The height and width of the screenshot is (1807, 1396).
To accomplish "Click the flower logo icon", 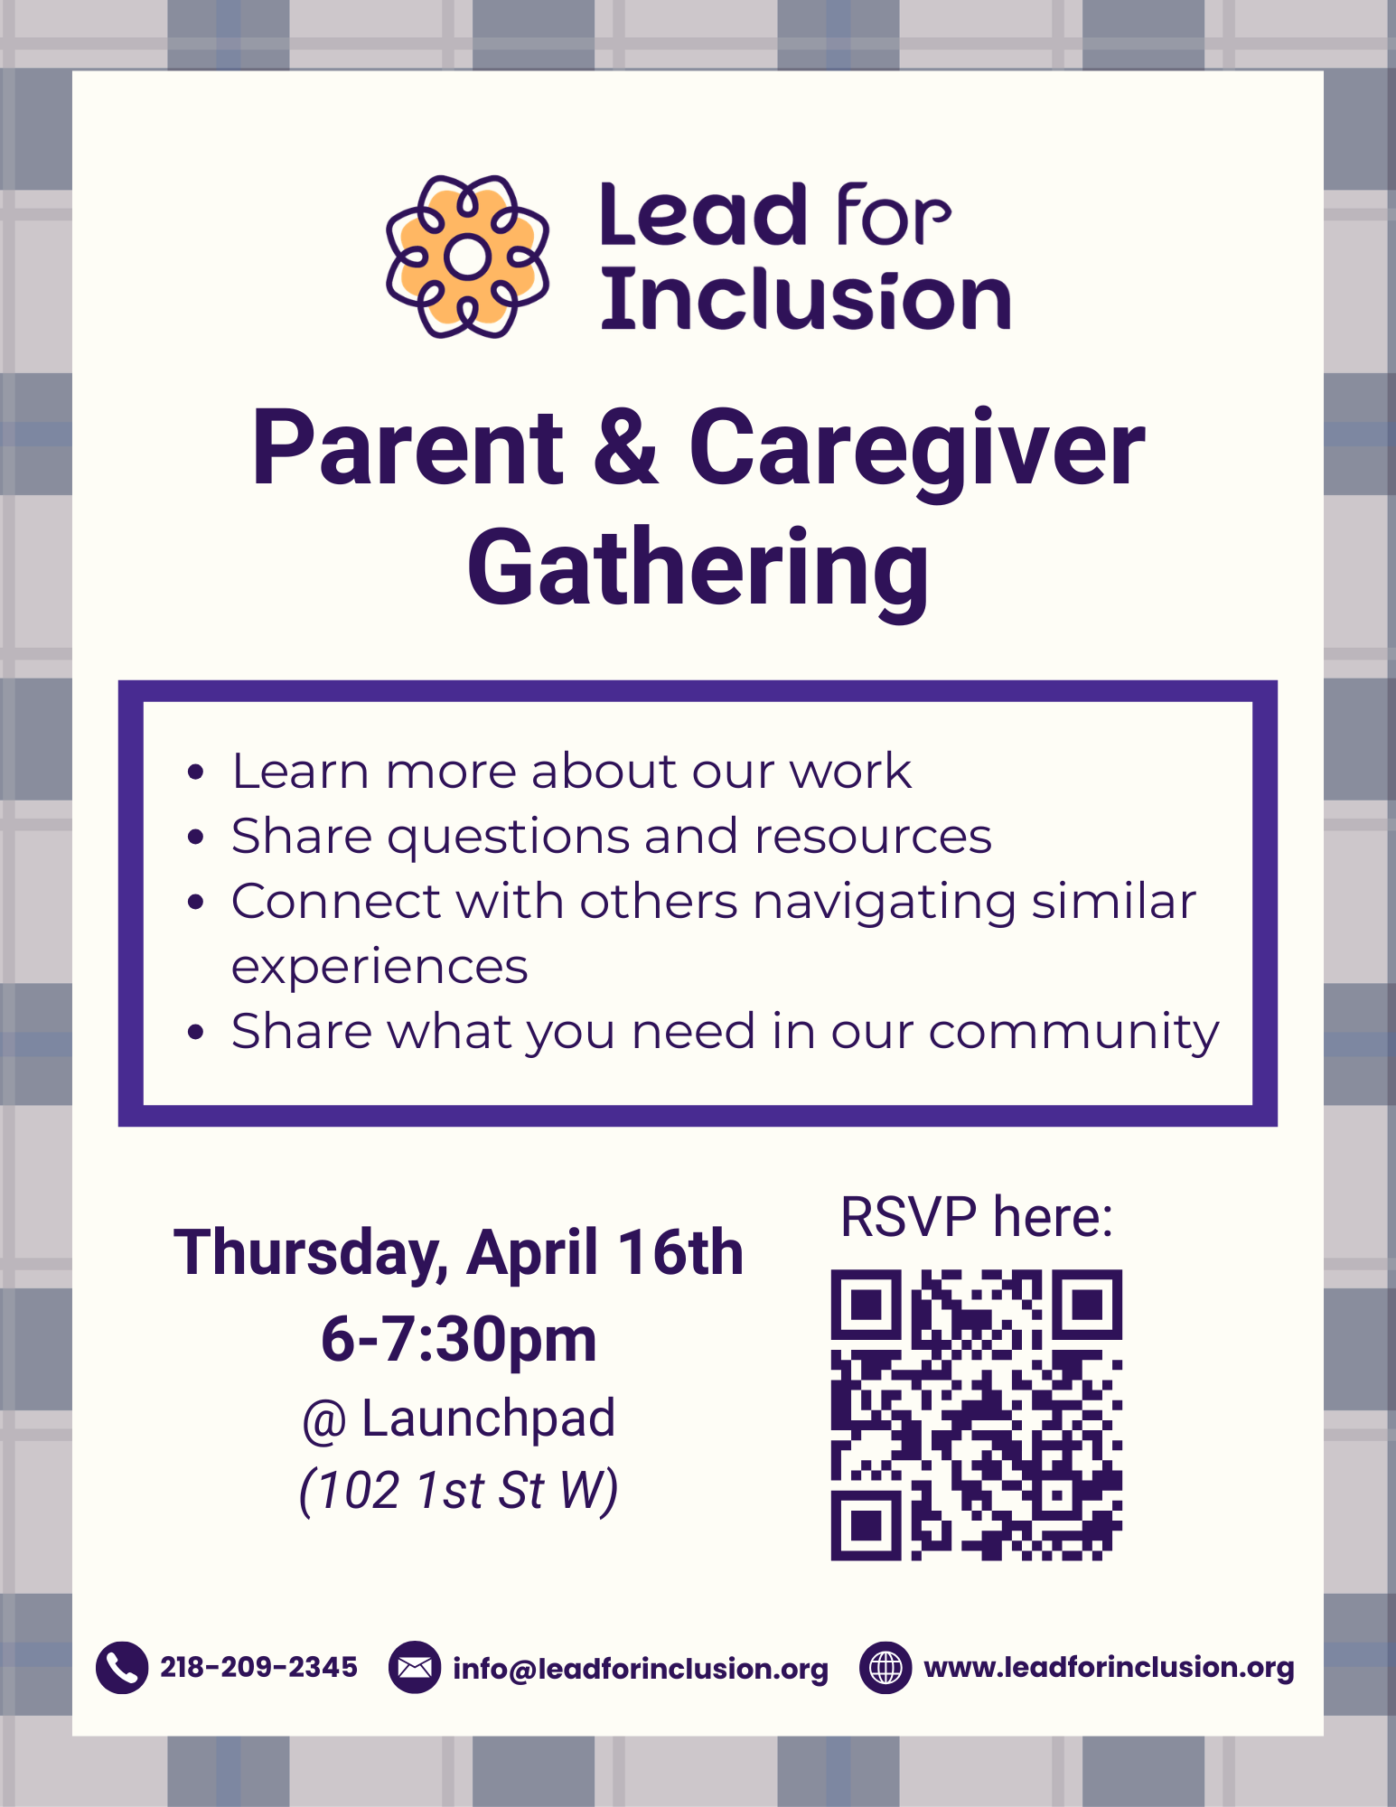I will click(x=467, y=257).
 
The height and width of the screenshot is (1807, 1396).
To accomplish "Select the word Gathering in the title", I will click(x=698, y=569).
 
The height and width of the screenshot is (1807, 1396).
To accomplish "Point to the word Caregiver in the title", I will click(x=916, y=449).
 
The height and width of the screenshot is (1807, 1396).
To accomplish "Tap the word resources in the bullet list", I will click(x=873, y=836).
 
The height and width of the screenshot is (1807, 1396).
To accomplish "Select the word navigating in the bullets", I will click(x=885, y=902).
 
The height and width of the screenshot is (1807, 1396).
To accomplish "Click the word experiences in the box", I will click(x=379, y=967).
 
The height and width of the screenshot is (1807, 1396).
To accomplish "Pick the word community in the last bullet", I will click(x=1073, y=1032).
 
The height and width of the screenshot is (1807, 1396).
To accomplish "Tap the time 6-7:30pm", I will click(x=459, y=1338).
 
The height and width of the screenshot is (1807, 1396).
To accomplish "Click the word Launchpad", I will click(x=488, y=1418).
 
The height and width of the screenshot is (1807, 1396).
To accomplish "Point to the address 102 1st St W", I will click(x=459, y=1490).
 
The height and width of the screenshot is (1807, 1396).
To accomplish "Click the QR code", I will click(x=976, y=1415).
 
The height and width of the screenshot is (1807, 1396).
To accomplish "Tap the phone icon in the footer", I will click(x=122, y=1667).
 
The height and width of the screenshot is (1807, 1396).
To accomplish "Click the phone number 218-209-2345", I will click(x=258, y=1667).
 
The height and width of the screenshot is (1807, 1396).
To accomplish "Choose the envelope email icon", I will click(x=415, y=1667).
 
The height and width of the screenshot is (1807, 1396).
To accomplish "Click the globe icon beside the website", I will click(x=885, y=1667).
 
